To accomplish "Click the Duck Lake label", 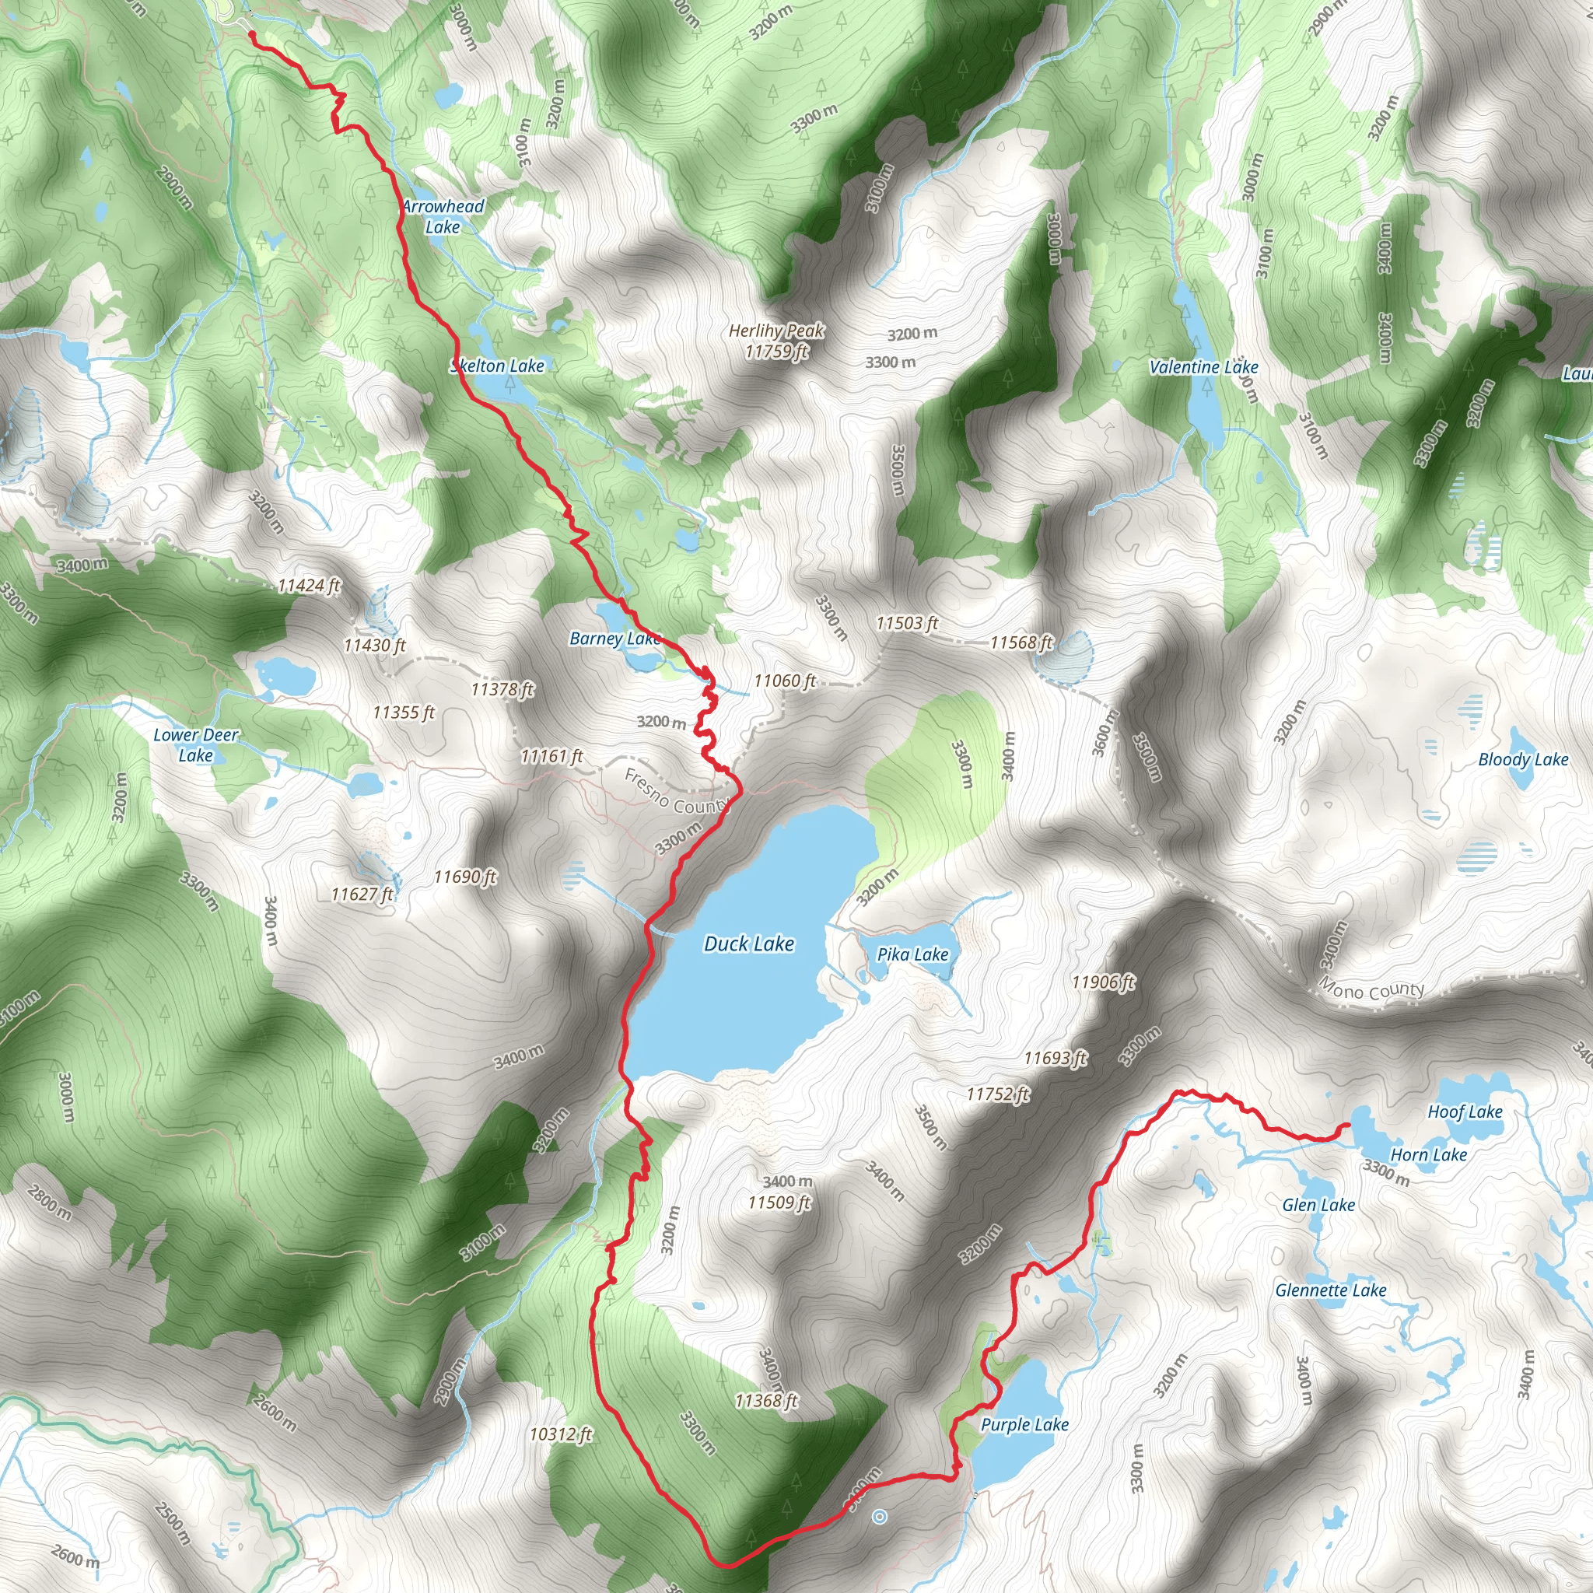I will tap(749, 944).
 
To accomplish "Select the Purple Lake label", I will tap(1024, 1425).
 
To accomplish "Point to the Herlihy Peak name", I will tap(775, 331).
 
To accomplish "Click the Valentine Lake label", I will tap(1204, 367).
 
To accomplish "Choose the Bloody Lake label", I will tap(1523, 759).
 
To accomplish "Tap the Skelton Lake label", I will tap(498, 366).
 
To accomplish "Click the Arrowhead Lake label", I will tap(443, 216).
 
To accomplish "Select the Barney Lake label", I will tap(615, 639).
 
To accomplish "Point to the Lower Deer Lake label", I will tap(195, 744).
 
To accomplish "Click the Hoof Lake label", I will tap(1465, 1112).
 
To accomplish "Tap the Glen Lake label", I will tap(1318, 1206).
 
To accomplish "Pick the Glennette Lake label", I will tap(1331, 1290).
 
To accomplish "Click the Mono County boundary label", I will tap(1371, 989).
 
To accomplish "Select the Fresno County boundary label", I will tap(676, 793).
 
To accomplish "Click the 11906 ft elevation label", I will tap(1103, 982).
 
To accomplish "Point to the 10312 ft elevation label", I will tap(561, 1434).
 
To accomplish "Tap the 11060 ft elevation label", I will tap(785, 681).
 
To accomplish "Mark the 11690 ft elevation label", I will tap(465, 877).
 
